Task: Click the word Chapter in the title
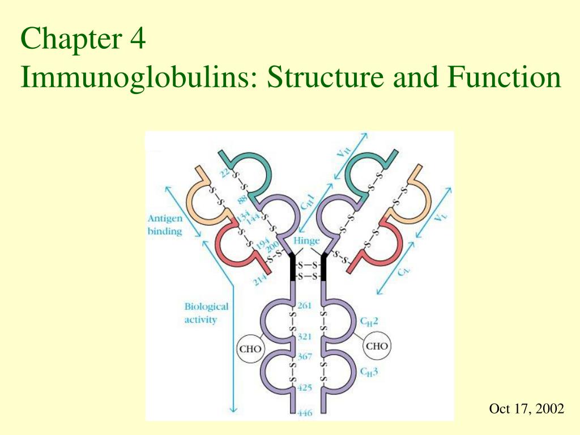pos(71,39)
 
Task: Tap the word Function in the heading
pos(504,76)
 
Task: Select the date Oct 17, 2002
pos(526,409)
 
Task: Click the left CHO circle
pos(250,349)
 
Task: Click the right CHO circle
pos(377,346)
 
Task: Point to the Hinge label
pos(306,241)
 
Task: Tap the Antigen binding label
pos(165,224)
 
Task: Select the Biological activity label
pos(206,313)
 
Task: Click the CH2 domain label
pos(369,322)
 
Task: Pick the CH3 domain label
pos(369,372)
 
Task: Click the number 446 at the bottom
pos(305,413)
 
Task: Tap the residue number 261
pos(304,305)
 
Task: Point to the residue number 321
pos(304,336)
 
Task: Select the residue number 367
pos(305,357)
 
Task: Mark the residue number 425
pos(304,387)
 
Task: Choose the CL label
pos(404,271)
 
